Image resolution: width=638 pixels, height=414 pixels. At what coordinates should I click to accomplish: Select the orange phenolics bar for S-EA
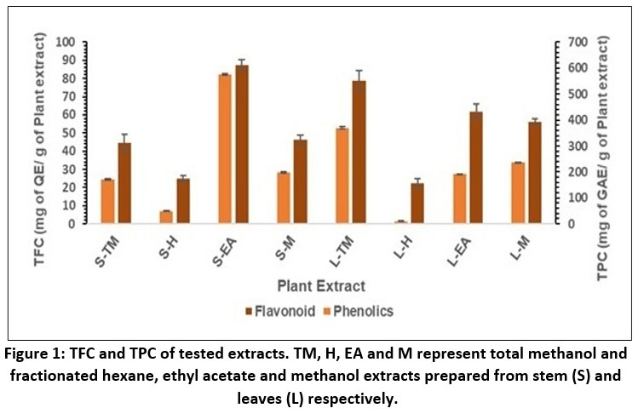coord(225,149)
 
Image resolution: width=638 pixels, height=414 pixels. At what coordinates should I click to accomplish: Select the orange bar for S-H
coord(166,217)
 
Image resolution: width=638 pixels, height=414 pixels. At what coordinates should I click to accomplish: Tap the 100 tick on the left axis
coord(65,42)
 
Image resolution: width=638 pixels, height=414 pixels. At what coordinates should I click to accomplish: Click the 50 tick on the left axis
coord(67,133)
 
